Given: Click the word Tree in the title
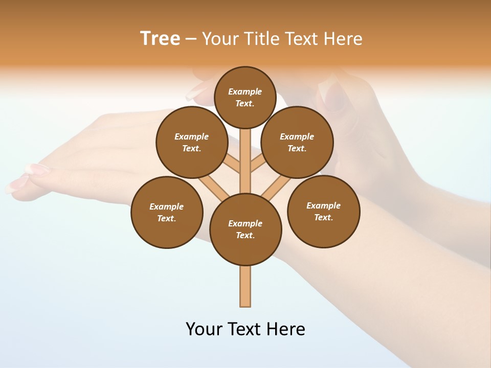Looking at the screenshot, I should pyautogui.click(x=160, y=38).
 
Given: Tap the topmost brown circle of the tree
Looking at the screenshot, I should pyautogui.click(x=245, y=97).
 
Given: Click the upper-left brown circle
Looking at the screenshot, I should pyautogui.click(x=192, y=142).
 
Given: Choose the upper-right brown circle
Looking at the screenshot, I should pyautogui.click(x=297, y=142).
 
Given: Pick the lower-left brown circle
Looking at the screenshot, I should pyautogui.click(x=167, y=212).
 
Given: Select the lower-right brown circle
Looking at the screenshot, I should pyautogui.click(x=323, y=211).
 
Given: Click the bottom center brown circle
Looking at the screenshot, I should pyautogui.click(x=245, y=229).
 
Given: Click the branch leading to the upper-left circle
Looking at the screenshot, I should pyautogui.click(x=233, y=164).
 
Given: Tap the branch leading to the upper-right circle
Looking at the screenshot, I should pyautogui.click(x=258, y=164).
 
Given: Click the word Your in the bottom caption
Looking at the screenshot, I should pyautogui.click(x=204, y=329).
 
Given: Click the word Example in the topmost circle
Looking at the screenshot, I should pyautogui.click(x=245, y=91).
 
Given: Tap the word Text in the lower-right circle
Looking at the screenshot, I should pyautogui.click(x=323, y=217).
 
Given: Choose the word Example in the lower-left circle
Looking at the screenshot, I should pyautogui.click(x=167, y=206).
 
